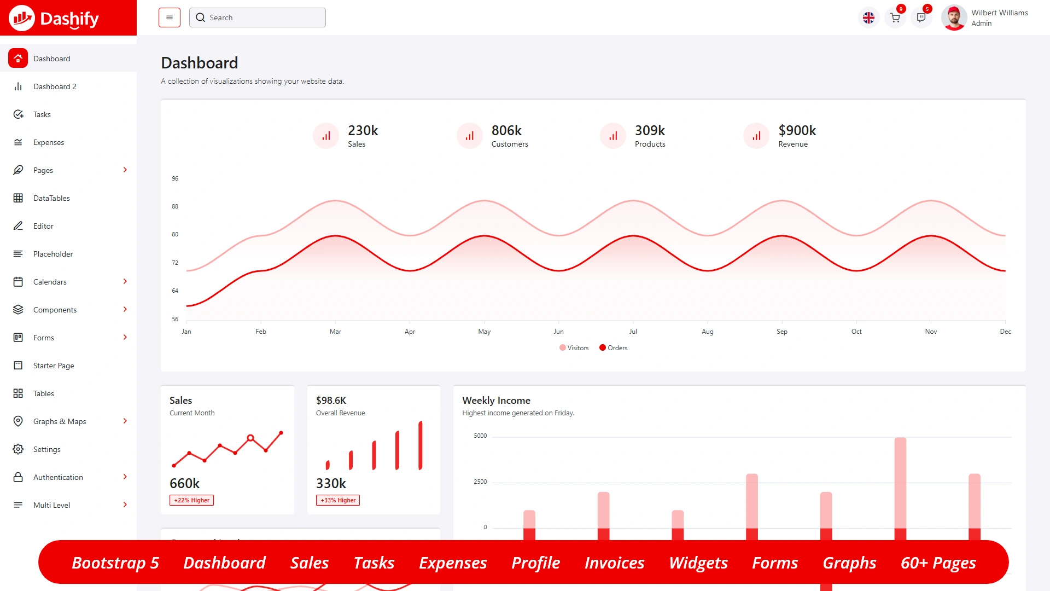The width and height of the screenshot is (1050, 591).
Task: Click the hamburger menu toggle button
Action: point(170,18)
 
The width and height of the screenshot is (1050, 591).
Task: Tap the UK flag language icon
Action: point(868,18)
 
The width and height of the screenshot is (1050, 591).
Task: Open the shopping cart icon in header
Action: point(895,18)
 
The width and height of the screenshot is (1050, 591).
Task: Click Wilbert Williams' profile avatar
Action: point(954,18)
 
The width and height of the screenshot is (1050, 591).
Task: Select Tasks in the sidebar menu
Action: point(42,114)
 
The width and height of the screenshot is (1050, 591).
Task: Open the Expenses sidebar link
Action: point(49,142)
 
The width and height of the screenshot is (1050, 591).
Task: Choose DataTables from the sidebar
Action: point(51,198)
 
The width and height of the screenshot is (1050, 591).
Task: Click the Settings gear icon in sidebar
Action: point(18,449)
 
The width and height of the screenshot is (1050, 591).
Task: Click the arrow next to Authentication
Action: point(125,477)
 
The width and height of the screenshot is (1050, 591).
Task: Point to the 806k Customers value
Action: point(506,131)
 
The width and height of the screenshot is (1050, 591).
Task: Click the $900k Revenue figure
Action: point(797,131)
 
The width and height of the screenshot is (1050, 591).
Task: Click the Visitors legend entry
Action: point(574,348)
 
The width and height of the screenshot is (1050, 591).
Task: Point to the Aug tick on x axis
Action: point(708,332)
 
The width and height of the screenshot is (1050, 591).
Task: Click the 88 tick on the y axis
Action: point(175,207)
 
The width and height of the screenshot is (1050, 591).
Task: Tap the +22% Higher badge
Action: point(191,500)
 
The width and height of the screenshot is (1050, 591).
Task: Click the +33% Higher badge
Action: point(338,500)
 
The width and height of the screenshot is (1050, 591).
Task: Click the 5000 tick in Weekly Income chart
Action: point(480,436)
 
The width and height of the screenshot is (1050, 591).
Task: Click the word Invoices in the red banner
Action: point(614,563)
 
